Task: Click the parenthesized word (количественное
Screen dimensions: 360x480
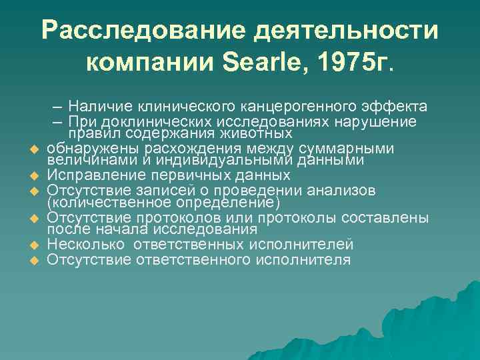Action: (98, 203)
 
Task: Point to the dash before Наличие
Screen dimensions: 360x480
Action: (59, 107)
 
